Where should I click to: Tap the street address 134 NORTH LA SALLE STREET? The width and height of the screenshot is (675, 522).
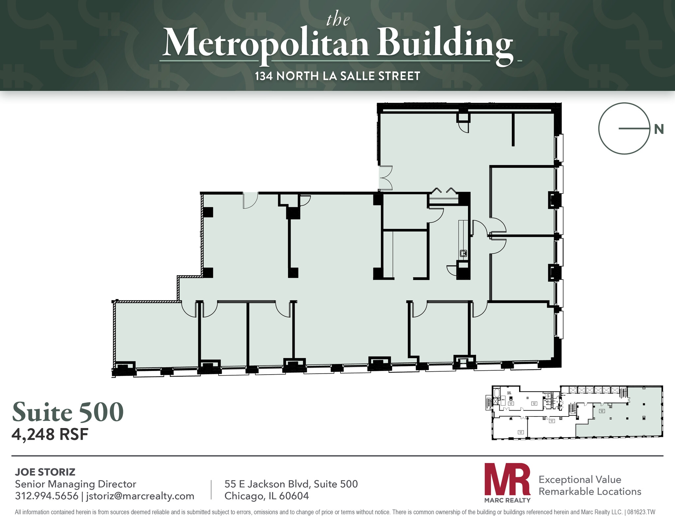[337, 76]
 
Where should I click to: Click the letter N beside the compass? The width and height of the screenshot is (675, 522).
[659, 130]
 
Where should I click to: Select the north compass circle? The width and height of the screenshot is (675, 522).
[624, 129]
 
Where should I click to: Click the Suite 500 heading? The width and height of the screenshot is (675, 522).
[68, 412]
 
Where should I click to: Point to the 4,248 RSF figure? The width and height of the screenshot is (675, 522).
[50, 435]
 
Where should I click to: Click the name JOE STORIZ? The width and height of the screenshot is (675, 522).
[45, 472]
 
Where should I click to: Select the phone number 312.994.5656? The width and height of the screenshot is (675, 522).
[46, 496]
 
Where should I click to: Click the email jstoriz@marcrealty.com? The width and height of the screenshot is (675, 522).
[140, 496]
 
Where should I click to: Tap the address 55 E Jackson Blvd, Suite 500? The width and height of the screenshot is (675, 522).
[291, 484]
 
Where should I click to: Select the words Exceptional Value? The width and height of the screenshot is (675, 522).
[580, 479]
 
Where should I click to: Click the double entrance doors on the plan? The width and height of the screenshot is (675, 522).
[385, 178]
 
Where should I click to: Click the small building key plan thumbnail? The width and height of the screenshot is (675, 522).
[577, 412]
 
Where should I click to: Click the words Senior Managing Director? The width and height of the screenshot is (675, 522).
[75, 484]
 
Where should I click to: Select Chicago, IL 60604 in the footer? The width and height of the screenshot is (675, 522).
[267, 496]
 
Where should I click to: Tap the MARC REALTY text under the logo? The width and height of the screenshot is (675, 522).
[507, 500]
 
